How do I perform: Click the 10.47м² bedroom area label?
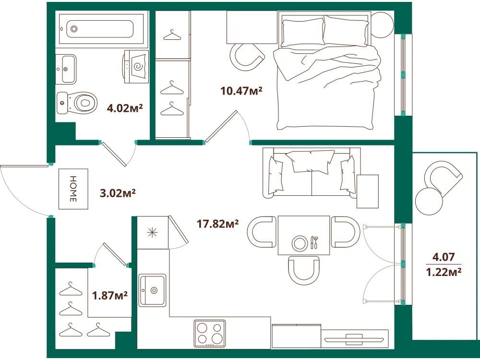click(x=241, y=91)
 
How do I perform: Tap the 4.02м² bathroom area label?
click(x=125, y=108)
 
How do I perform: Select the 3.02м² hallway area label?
click(x=118, y=193)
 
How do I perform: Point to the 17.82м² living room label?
click(x=217, y=224)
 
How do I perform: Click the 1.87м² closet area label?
click(x=109, y=296)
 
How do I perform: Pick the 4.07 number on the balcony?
click(x=443, y=257)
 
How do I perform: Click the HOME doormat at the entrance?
click(x=73, y=189)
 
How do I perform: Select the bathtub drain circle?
click(x=74, y=29)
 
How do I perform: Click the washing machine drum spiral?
click(x=138, y=66)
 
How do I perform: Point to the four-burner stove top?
click(x=210, y=334)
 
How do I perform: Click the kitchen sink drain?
click(x=154, y=290)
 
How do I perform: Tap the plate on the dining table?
click(x=300, y=243)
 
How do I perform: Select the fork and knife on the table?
click(x=315, y=242)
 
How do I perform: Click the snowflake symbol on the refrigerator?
click(x=152, y=233)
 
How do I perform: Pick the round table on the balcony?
click(x=429, y=202)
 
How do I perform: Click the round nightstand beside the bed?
click(x=382, y=25)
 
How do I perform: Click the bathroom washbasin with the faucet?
click(x=65, y=69)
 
